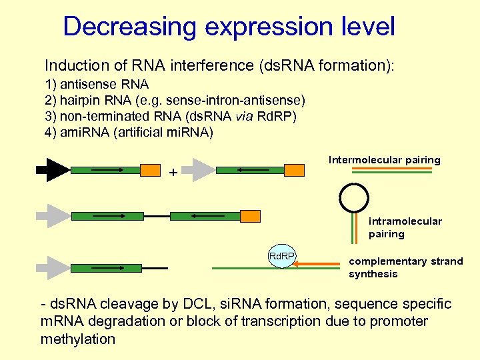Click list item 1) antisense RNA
[x=97, y=85]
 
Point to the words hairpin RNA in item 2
[x=93, y=100]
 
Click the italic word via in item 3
[x=241, y=116]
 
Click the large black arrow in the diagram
[x=53, y=170]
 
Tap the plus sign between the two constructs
[x=173, y=173]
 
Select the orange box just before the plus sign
[x=150, y=170]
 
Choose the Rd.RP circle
[x=282, y=256]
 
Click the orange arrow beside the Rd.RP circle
[x=317, y=264]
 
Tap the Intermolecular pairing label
[x=384, y=160]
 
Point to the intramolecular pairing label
[x=405, y=227]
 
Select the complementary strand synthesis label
[x=405, y=267]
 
